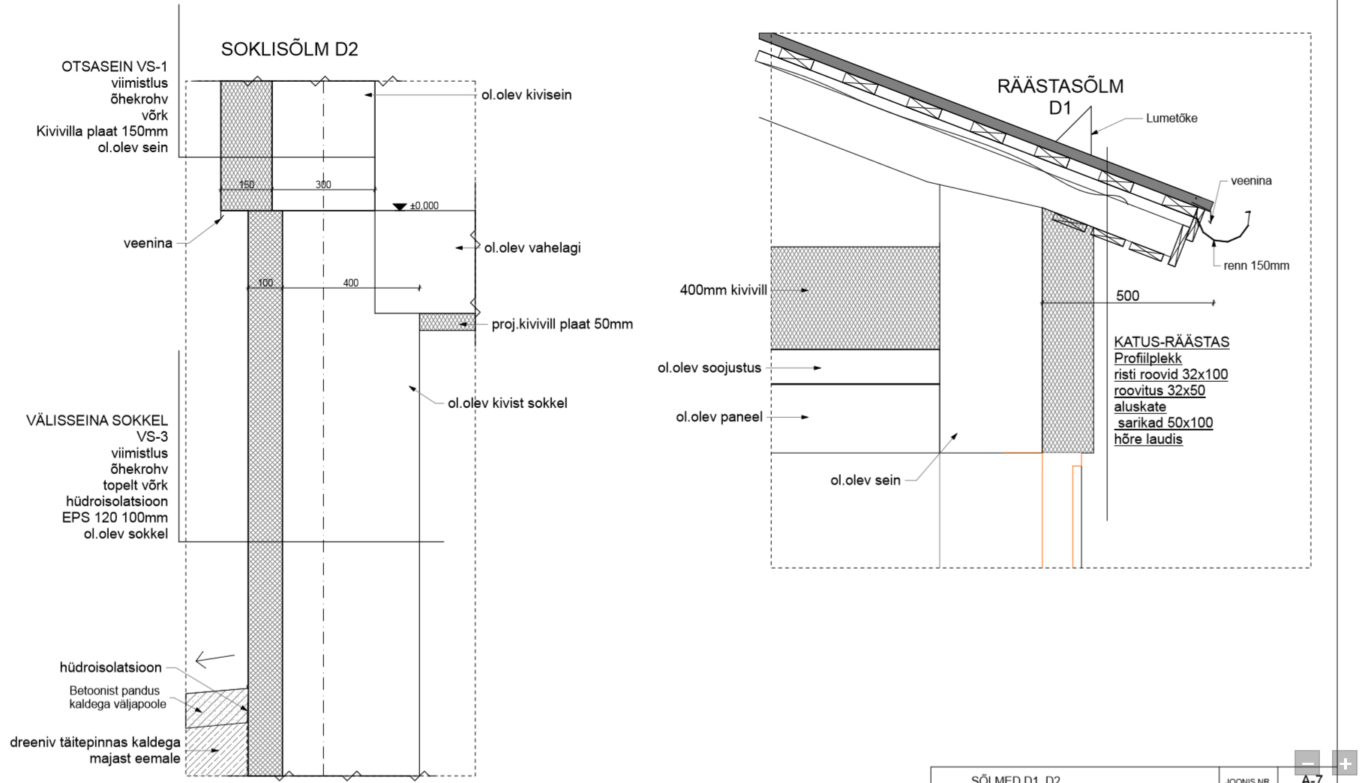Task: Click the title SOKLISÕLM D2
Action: (x=289, y=49)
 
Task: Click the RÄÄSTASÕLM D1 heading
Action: (x=1060, y=97)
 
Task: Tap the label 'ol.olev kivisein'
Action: (x=526, y=95)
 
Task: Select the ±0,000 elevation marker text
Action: (x=424, y=205)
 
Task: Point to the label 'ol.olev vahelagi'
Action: (x=532, y=248)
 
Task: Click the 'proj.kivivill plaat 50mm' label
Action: (x=562, y=325)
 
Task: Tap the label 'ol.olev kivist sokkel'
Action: (x=507, y=403)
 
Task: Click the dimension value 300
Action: (x=323, y=184)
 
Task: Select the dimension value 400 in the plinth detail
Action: (x=350, y=283)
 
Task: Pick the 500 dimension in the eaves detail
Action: (x=1127, y=296)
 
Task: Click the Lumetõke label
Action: (x=1171, y=118)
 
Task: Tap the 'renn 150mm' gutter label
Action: (x=1256, y=265)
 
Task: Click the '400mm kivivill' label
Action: (x=723, y=290)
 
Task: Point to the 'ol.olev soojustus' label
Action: (x=709, y=368)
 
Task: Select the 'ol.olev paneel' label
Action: (x=718, y=417)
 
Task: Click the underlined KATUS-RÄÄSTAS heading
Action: (x=1171, y=342)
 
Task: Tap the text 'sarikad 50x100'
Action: (x=1165, y=423)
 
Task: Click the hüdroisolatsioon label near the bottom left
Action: (x=110, y=667)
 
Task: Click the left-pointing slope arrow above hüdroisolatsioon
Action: (x=214, y=659)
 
